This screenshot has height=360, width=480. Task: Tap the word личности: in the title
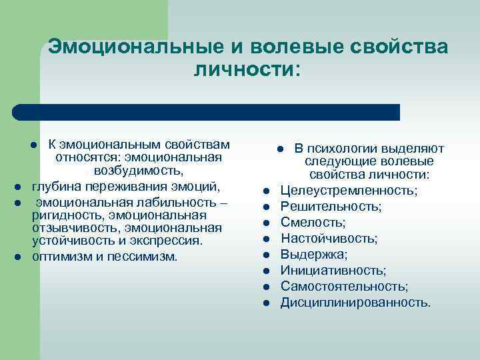point(247,69)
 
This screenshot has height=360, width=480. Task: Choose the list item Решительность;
point(331,207)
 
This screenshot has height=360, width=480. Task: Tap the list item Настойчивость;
point(329,239)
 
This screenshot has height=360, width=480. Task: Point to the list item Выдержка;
point(314,255)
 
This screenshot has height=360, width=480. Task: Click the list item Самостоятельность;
point(345,287)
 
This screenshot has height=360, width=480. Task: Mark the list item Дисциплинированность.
point(355,303)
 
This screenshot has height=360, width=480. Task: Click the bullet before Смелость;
point(265,223)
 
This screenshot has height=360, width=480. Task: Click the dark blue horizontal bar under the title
point(207,112)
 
